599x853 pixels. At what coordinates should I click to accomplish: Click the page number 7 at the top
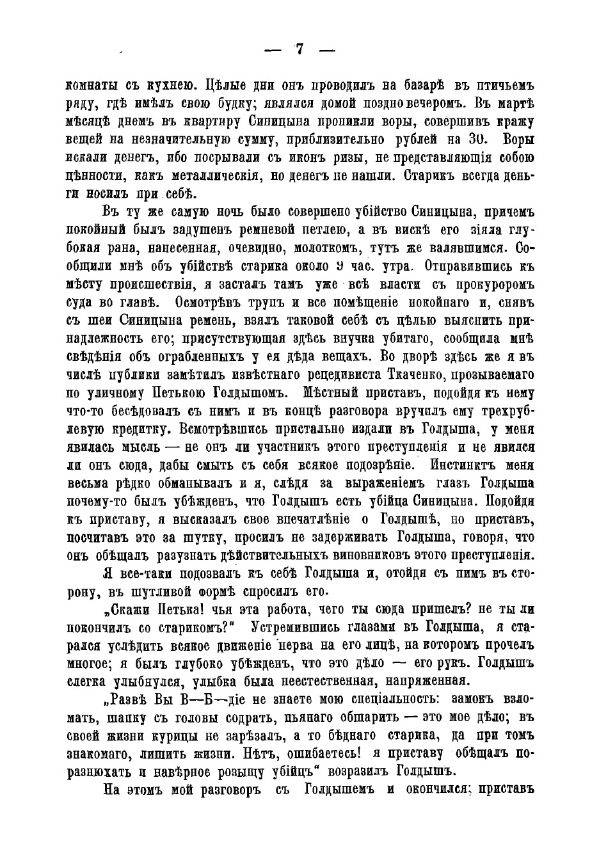(x=299, y=49)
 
